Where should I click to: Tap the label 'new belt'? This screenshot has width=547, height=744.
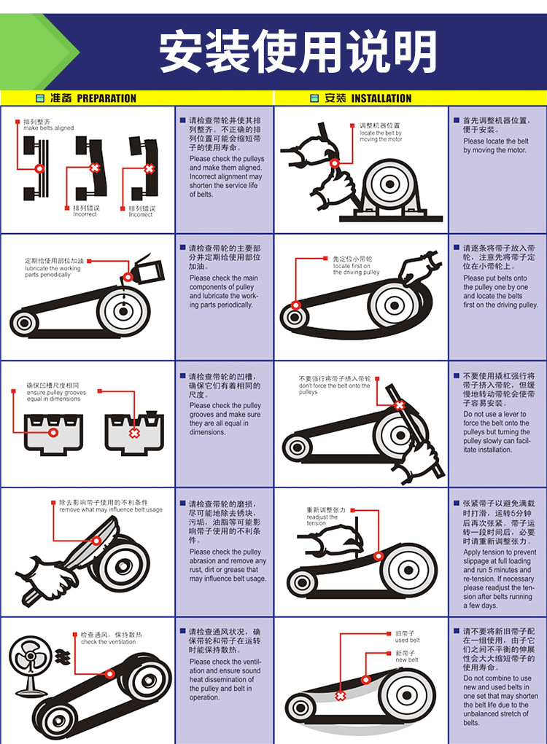[x=406, y=657]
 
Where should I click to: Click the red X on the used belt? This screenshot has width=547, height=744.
[x=340, y=696]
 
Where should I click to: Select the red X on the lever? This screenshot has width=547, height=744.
[x=399, y=405]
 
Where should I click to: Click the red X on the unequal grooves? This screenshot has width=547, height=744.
[x=134, y=433]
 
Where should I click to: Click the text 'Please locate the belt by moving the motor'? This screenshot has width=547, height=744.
[x=495, y=146]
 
